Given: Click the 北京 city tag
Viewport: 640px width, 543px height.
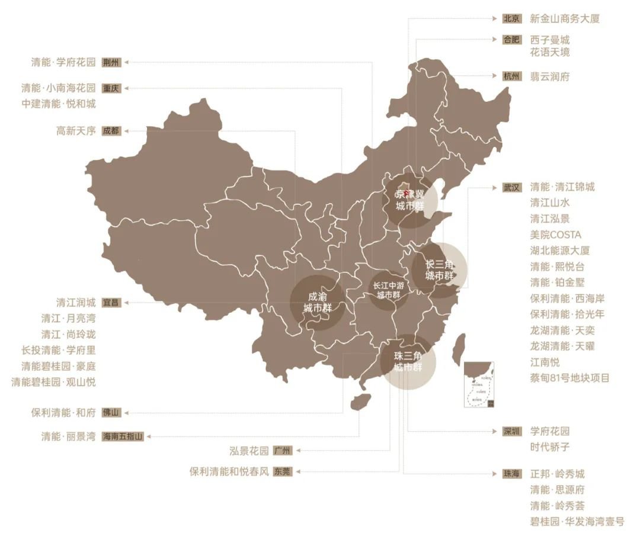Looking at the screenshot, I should (511, 18).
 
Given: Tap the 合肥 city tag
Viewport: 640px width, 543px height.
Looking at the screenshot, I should (511, 40).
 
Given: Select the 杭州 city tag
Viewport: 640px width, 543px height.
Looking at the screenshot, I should (511, 76).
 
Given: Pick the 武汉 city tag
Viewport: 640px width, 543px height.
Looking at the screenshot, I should (511, 187).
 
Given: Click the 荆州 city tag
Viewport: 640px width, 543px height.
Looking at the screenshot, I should (111, 62).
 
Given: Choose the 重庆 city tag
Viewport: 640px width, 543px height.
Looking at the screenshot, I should (111, 88).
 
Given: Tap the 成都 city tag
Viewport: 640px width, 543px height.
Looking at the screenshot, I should (111, 131).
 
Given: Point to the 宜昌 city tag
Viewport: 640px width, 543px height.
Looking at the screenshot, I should (111, 303).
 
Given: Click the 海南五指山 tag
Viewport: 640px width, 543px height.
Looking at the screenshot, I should (122, 436).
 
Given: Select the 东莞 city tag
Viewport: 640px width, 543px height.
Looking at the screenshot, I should (283, 471).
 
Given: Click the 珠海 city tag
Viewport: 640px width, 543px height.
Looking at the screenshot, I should (511, 474).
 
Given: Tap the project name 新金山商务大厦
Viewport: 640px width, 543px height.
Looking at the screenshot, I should (565, 18).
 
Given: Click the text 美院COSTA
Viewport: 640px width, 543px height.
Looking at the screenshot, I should (556, 234).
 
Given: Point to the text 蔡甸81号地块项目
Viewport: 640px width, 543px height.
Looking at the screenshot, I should (569, 378).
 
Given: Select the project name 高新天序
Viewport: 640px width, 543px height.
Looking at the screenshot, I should (76, 131).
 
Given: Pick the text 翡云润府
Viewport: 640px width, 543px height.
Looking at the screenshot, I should (550, 76).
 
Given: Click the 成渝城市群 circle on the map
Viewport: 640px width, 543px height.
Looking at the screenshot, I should (318, 302).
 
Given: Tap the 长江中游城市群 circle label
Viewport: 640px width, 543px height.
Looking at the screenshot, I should (389, 290).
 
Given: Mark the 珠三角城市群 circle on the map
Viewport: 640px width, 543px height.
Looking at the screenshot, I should (409, 361).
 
